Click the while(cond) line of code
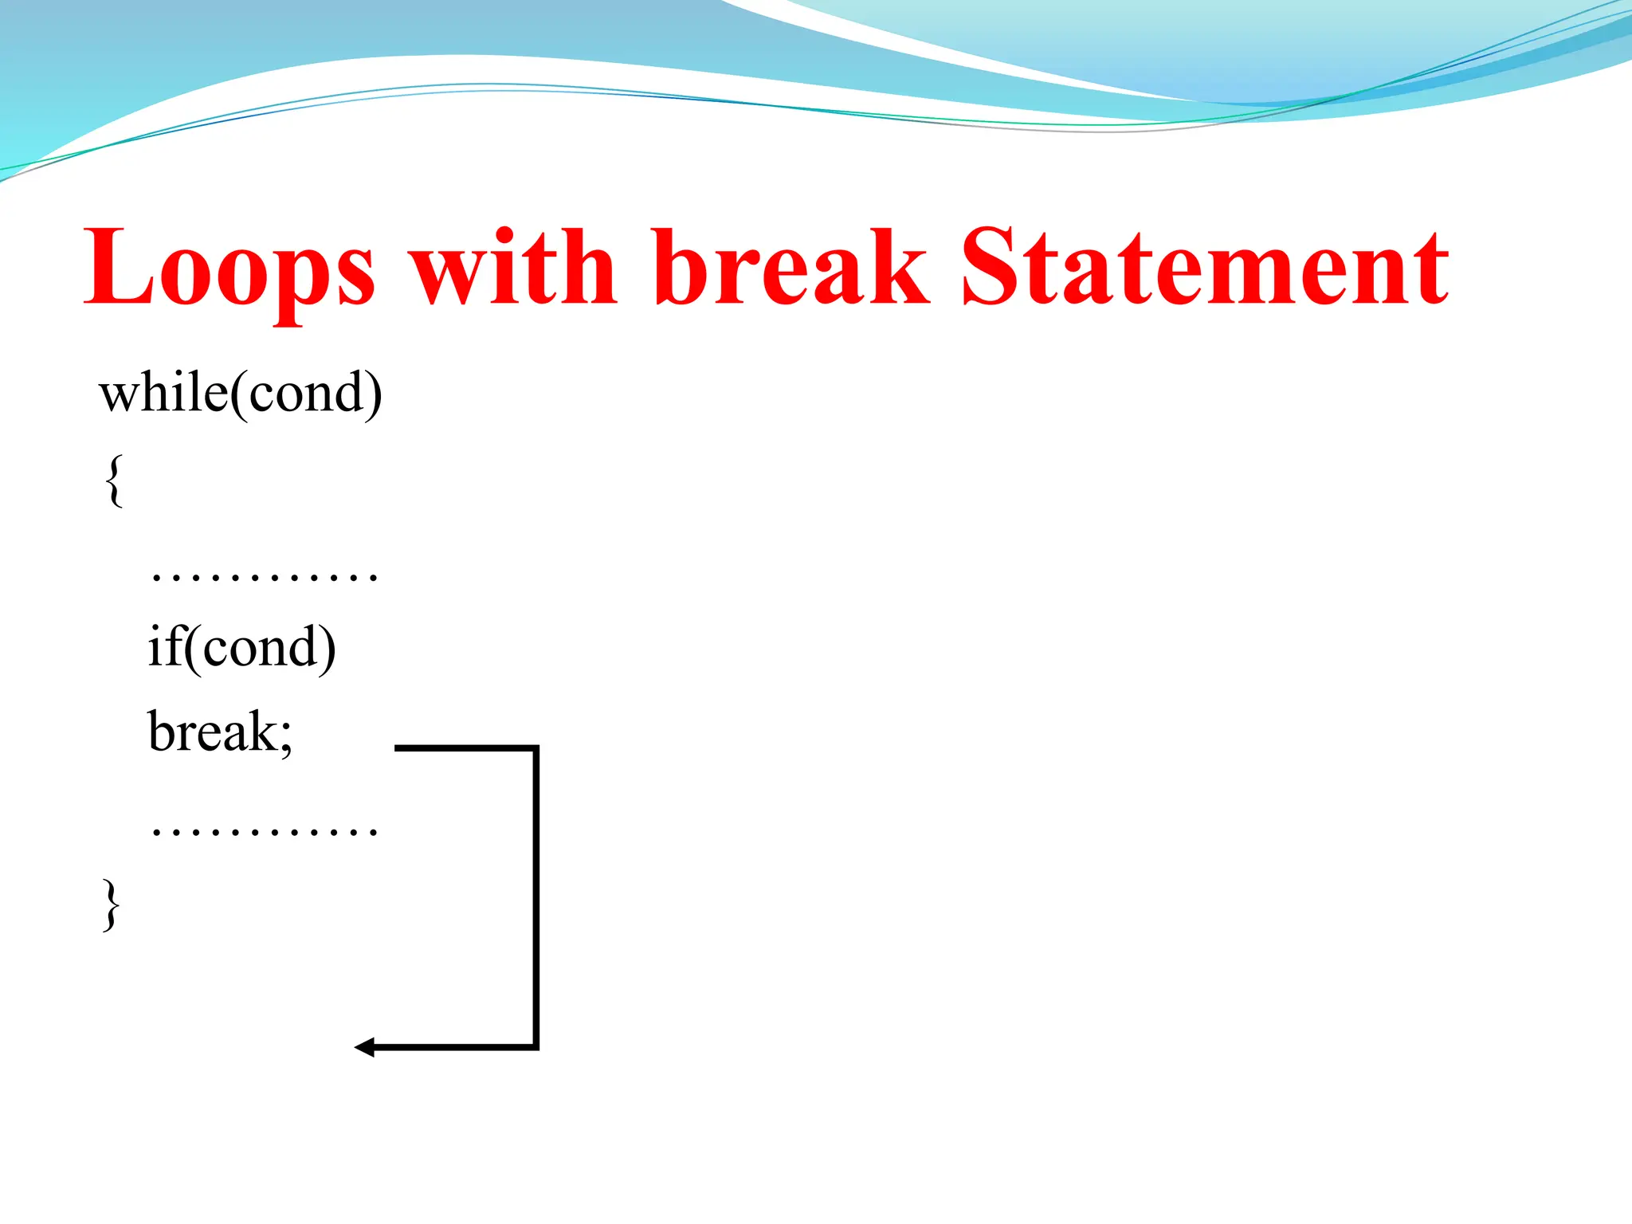pos(241,393)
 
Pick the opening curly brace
pos(114,481)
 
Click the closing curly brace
pos(112,904)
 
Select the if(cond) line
pos(241,647)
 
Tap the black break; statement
pos(220,732)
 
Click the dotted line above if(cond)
pos(264,576)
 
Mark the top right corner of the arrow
pos(535,748)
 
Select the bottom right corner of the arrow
pos(535,1047)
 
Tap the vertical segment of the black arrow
pos(535,896)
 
